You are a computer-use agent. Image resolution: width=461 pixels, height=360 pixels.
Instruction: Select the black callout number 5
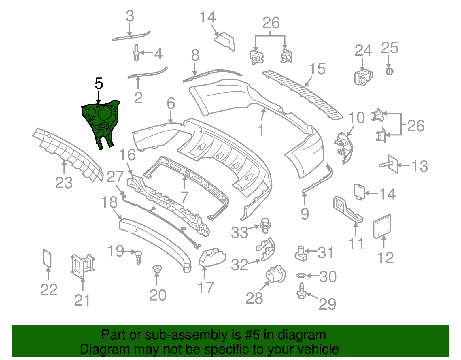[99, 84]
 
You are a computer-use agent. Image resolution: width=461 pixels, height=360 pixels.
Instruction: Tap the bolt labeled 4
[136, 53]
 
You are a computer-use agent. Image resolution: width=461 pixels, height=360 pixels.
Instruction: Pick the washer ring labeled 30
[301, 276]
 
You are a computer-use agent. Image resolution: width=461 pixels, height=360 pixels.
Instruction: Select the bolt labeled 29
[301, 292]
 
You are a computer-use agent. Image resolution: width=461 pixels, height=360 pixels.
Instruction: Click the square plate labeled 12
[382, 226]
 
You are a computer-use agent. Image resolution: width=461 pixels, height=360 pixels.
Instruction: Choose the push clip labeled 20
[157, 269]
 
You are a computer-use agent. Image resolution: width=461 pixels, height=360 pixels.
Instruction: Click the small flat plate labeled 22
[47, 258]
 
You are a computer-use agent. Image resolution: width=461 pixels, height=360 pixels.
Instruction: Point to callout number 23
[64, 183]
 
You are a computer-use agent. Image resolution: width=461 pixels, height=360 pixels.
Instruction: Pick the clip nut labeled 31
[300, 253]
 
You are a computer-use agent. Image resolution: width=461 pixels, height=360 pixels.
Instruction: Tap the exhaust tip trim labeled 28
[276, 274]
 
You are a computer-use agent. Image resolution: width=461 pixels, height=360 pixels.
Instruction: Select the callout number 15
[317, 69]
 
